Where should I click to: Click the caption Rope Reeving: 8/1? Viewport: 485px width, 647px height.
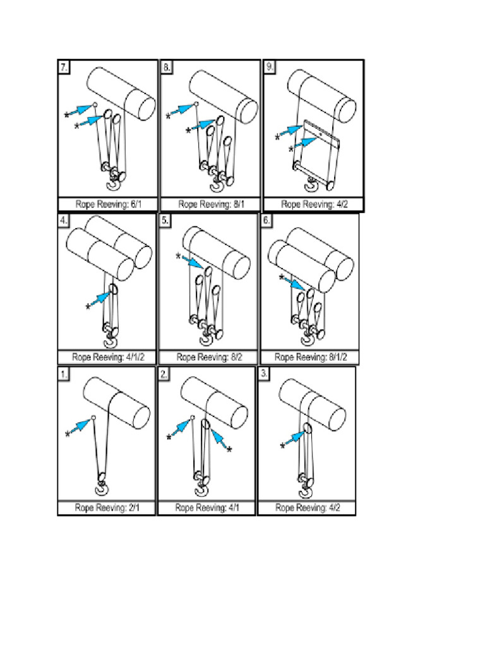click(210, 204)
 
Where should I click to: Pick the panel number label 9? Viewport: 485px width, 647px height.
click(270, 68)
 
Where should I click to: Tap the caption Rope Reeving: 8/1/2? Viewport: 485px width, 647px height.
click(309, 357)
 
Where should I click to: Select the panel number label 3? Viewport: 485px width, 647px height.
click(265, 374)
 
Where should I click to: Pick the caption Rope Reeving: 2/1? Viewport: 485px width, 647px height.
click(105, 507)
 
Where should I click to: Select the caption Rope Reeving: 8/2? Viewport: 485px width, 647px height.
click(208, 357)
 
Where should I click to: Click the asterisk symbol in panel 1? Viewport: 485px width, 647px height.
click(68, 435)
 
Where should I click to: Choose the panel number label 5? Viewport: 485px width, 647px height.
click(165, 221)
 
